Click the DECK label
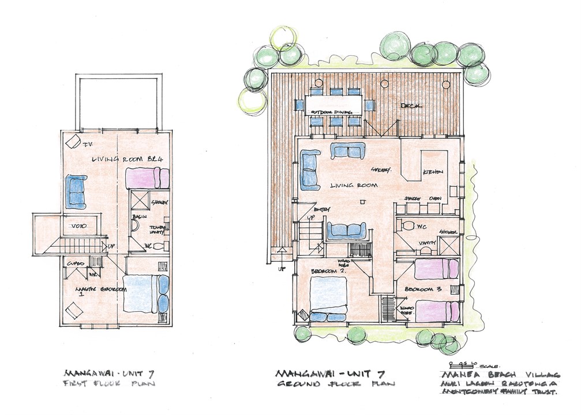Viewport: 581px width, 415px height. click(408, 107)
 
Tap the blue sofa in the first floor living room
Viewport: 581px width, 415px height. click(77, 191)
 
